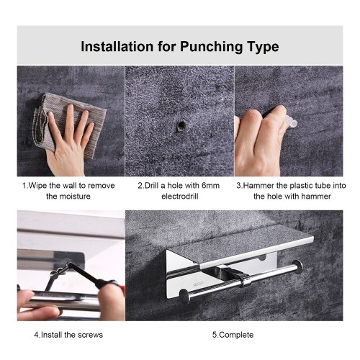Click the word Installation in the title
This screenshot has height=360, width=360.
pos(117,47)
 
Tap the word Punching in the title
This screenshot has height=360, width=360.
pos(211,47)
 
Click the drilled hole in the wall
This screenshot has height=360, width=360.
pos(181,126)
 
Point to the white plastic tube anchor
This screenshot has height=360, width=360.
pos(292,121)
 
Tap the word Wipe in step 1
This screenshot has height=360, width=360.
pos(38,186)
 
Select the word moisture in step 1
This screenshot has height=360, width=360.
pos(75,197)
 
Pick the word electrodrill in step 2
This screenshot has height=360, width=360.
pos(180,197)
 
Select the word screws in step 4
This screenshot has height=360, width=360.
pos(91,335)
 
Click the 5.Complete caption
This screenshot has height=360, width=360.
pos(233,335)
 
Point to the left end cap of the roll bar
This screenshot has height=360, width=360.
pos(185,297)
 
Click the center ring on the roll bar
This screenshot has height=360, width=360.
pos(245,281)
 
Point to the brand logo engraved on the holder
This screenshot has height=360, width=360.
pos(198,285)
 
